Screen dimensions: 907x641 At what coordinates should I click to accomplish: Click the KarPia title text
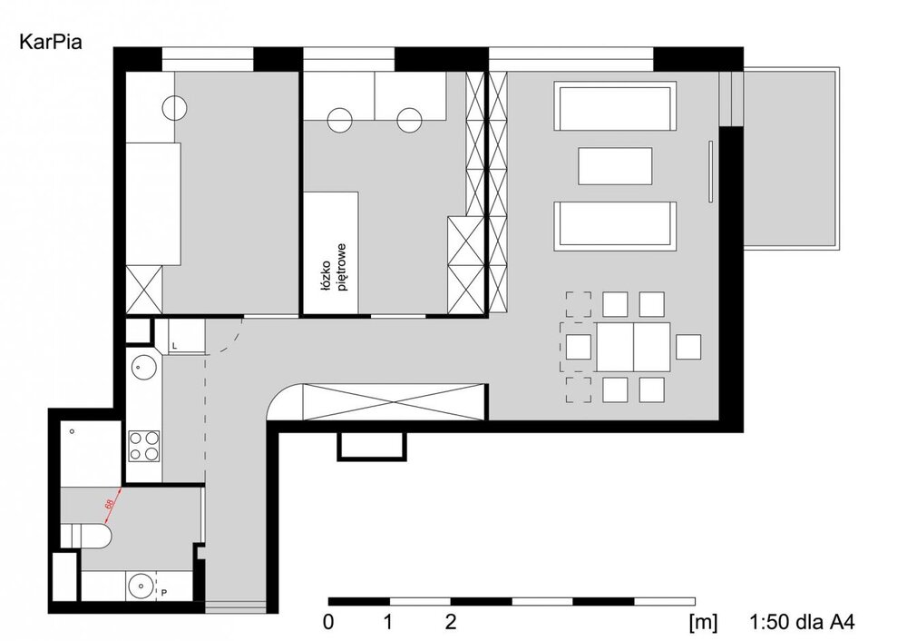51,42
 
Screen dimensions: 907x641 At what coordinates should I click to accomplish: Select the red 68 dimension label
109,504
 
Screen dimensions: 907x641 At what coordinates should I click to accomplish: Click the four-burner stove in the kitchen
144,446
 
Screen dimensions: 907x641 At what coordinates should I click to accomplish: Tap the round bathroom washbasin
140,586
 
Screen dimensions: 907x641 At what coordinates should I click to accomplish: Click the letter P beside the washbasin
164,593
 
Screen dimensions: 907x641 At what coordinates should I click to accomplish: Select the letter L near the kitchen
175,346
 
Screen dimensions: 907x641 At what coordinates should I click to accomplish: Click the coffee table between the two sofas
616,166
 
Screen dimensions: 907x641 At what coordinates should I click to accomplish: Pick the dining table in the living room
633,348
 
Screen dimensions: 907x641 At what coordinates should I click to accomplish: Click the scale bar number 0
328,622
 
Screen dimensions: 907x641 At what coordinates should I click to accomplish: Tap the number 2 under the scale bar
451,622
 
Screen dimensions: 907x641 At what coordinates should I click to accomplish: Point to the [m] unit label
703,623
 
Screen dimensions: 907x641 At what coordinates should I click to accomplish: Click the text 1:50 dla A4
802,622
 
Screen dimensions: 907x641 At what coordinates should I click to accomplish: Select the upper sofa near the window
615,106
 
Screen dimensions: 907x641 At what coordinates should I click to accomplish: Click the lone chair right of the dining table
688,347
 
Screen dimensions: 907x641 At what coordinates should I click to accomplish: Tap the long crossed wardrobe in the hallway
394,401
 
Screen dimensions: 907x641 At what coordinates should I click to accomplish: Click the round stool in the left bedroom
174,107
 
